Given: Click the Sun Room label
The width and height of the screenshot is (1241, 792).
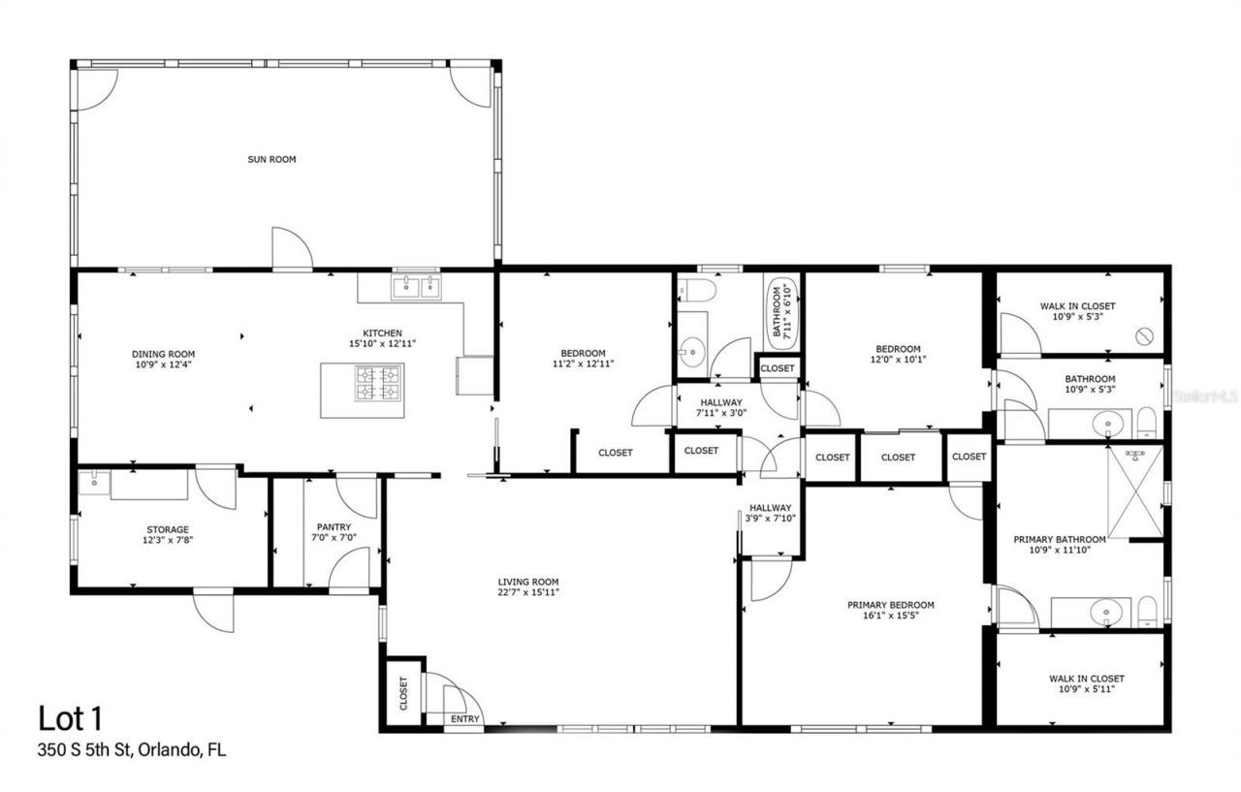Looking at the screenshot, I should [x=271, y=159].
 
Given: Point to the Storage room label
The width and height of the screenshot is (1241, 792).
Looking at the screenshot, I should [x=168, y=529].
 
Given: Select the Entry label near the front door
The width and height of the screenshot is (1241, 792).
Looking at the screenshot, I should [x=464, y=719].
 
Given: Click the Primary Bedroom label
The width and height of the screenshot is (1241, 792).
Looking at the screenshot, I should [x=890, y=605].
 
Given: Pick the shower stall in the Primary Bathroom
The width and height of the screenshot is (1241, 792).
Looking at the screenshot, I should [x=1133, y=491].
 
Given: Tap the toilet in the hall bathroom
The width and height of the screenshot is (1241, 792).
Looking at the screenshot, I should [x=695, y=289].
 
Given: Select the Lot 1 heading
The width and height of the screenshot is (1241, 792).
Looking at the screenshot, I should [x=70, y=718].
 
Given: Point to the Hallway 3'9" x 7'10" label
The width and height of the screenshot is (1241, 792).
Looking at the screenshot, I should [x=770, y=513].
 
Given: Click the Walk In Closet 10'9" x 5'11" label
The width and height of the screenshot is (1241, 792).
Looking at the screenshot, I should [x=1086, y=683].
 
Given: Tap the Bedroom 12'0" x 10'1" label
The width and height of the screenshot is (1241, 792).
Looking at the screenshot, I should [x=898, y=355].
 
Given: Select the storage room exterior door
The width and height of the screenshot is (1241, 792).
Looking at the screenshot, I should [x=213, y=610].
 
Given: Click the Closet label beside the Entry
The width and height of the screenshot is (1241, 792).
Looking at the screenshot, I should [x=403, y=692].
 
